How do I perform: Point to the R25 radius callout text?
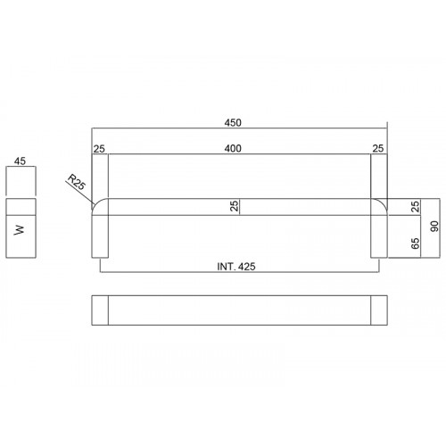click(x=76, y=186)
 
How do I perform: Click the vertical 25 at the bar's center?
click(x=235, y=206)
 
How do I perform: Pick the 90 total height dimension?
click(x=434, y=227)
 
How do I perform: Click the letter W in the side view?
click(x=20, y=229)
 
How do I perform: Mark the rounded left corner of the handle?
click(x=98, y=204)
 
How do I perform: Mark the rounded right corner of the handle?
click(x=381, y=204)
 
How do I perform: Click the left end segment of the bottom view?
click(x=100, y=310)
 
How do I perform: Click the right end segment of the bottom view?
click(x=379, y=310)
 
